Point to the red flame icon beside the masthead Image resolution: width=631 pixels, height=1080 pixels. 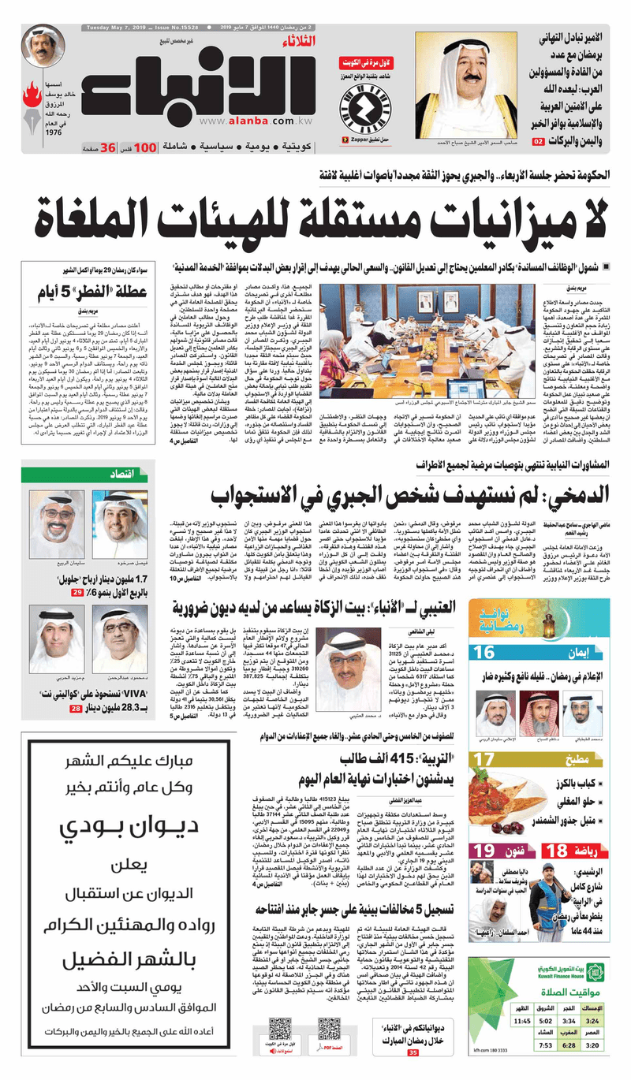[x=32, y=101]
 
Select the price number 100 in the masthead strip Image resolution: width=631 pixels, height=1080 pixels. [x=145, y=147]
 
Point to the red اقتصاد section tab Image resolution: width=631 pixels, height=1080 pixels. [x=123, y=473]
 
